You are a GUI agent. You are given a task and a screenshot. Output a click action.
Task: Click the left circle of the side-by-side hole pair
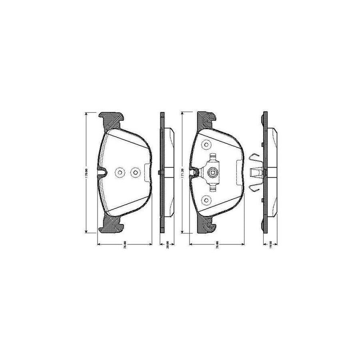120,173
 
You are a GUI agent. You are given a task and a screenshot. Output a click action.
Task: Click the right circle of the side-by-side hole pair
135,173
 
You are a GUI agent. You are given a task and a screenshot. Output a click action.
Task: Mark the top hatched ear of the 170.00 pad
112,119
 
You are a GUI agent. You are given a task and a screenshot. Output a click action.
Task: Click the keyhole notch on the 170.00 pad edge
103,173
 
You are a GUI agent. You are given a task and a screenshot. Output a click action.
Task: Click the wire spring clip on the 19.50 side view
254,172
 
